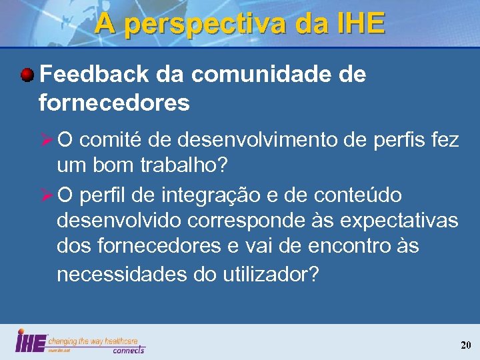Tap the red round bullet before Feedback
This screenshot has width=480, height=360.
tap(27, 75)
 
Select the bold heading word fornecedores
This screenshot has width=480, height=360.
tap(114, 103)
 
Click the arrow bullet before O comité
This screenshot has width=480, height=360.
tap(47, 141)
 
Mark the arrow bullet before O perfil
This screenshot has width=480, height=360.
tap(47, 195)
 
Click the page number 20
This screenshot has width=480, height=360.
tap(465, 345)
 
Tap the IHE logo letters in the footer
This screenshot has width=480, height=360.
tap(31, 341)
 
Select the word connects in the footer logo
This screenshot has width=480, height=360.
tap(128, 350)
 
